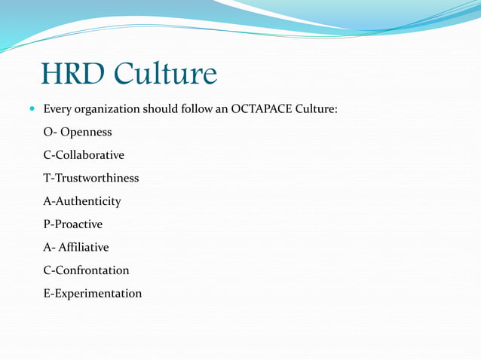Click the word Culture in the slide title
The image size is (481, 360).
point(165,74)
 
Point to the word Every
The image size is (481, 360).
point(57,109)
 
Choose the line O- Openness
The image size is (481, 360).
point(78,133)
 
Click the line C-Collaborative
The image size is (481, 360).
point(84,155)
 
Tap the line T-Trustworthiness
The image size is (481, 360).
point(90,178)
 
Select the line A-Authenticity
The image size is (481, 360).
point(81,201)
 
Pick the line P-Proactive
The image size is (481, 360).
point(72,224)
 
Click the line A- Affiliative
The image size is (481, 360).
point(75,247)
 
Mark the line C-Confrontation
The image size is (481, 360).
point(86,270)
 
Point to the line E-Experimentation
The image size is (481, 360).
point(92,293)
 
